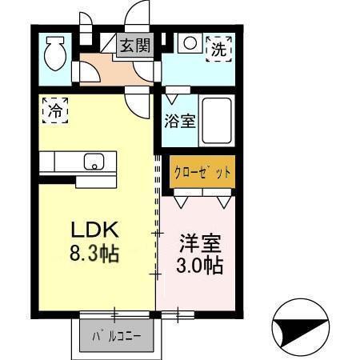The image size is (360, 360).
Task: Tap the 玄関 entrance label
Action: (135, 46)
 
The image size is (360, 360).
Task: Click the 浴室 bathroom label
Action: (180, 122)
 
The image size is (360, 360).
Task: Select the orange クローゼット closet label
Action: (202, 171)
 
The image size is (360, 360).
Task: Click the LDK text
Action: (94, 230)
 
